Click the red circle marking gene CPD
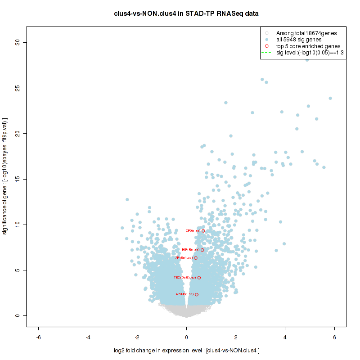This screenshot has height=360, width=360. (x=203, y=231)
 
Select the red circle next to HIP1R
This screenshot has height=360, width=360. (x=202, y=250)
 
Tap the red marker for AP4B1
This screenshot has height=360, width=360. (x=196, y=258)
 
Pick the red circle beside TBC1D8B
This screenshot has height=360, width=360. (x=199, y=278)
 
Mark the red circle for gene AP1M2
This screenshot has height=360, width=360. (x=197, y=295)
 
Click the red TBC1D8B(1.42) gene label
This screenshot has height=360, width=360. (x=184, y=278)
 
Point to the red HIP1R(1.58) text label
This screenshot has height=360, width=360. (x=190, y=250)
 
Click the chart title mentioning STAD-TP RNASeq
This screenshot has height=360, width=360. (x=186, y=13)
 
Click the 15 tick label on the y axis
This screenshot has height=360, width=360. (x=18, y=179)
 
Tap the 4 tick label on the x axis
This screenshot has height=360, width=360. (x=285, y=337)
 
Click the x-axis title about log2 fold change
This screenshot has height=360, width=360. (x=186, y=351)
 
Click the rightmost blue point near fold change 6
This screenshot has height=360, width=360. (x=330, y=98)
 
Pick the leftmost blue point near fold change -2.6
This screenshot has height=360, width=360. (x=122, y=228)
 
